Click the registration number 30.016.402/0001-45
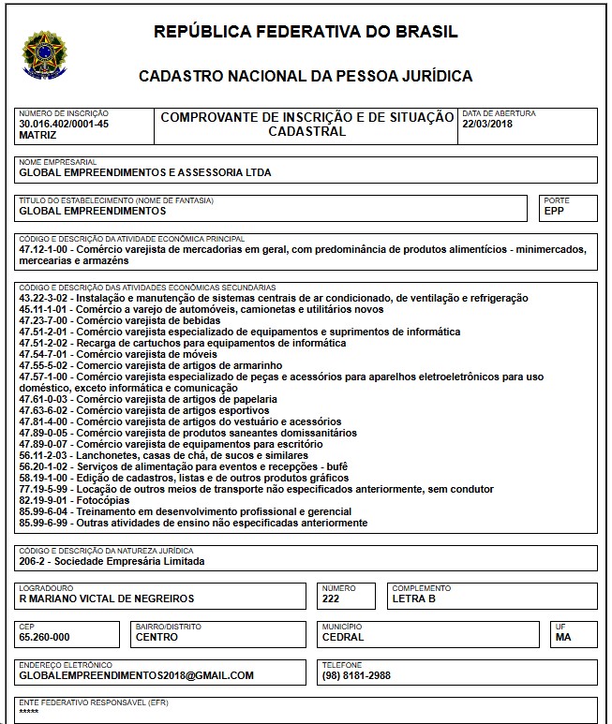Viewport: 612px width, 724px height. [x=64, y=124]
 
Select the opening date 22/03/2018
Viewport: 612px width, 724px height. [x=488, y=124]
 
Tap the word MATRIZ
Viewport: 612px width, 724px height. [x=37, y=135]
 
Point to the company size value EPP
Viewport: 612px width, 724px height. [x=554, y=211]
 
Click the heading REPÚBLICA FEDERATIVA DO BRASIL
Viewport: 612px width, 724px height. [x=306, y=32]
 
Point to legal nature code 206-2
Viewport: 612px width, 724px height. [x=35, y=561]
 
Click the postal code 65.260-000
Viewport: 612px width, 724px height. [x=44, y=637]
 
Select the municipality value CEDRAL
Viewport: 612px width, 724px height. [x=342, y=637]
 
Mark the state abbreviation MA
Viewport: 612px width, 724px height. [x=563, y=637]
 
